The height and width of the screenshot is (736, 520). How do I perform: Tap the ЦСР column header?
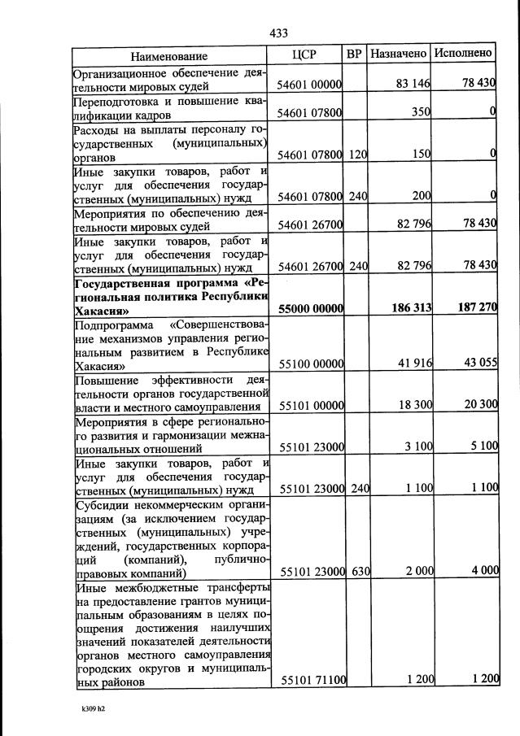[x=304, y=54]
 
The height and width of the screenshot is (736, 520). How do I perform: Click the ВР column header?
[x=354, y=54]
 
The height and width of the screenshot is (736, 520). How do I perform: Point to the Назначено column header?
[x=399, y=54]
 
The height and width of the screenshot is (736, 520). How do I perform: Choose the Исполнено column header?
[x=463, y=54]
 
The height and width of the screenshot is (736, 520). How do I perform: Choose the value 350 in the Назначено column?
[x=420, y=114]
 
